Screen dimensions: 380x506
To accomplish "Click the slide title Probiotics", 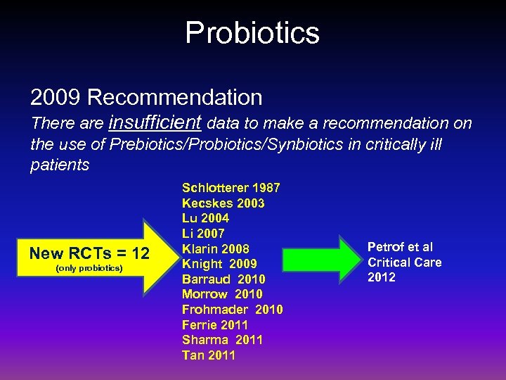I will click(x=252, y=32).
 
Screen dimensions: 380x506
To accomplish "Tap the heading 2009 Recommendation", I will click(x=146, y=97).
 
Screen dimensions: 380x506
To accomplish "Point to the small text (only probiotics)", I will click(x=89, y=269).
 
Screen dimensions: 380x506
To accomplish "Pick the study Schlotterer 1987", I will click(x=231, y=188).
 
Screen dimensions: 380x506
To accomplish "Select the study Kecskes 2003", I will click(x=223, y=203).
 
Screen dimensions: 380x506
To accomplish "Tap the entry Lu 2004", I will click(x=205, y=218).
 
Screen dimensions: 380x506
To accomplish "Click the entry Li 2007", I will click(x=203, y=234).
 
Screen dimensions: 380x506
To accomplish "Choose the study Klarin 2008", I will click(x=215, y=249).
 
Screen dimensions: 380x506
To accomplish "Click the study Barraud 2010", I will click(x=223, y=279).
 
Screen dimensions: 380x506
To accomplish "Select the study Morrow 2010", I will click(x=222, y=294).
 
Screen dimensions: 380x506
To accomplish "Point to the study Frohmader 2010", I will click(x=232, y=310).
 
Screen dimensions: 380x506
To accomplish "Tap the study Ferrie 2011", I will click(x=214, y=325).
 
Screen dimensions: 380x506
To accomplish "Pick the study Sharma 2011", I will click(x=222, y=340).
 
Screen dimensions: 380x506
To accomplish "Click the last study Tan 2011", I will click(x=209, y=355).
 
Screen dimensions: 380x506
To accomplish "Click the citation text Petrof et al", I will click(x=400, y=247).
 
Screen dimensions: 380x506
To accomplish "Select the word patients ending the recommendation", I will click(x=60, y=165).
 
